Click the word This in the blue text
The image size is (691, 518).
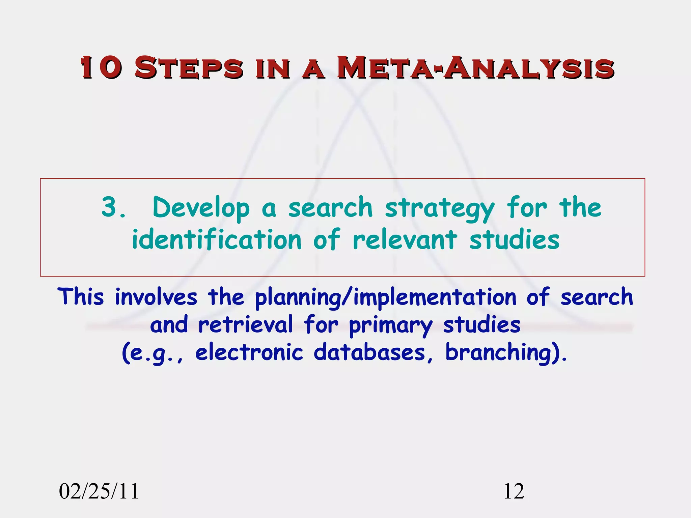click(x=81, y=297)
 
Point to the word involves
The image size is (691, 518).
click(x=156, y=297)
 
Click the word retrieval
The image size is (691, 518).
click(x=245, y=324)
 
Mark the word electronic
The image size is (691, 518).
click(x=249, y=352)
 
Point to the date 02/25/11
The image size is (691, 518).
click(x=99, y=491)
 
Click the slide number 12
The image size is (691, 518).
click(x=514, y=491)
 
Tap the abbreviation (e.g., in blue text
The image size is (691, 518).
click(x=153, y=353)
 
